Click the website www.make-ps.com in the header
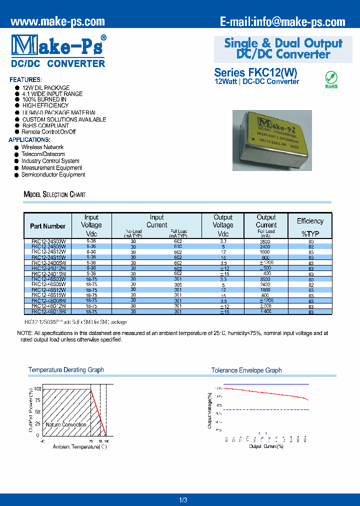click(x=57, y=21)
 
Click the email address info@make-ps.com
click(x=282, y=21)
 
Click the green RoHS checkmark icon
click(x=331, y=77)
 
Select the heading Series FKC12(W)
click(x=255, y=72)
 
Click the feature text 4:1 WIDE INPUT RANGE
click(x=52, y=94)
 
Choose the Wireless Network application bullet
click(x=42, y=147)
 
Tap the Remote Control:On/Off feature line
click(x=48, y=132)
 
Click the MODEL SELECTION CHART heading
click(x=54, y=194)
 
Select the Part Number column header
click(x=47, y=226)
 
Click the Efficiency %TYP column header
click(x=310, y=226)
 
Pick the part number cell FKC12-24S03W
click(x=48, y=241)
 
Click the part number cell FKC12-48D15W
click(x=48, y=311)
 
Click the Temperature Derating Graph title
click(x=66, y=370)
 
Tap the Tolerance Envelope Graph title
click(x=246, y=370)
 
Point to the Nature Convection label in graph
click(x=66, y=424)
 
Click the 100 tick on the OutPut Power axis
click(x=37, y=389)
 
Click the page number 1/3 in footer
click(x=182, y=499)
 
